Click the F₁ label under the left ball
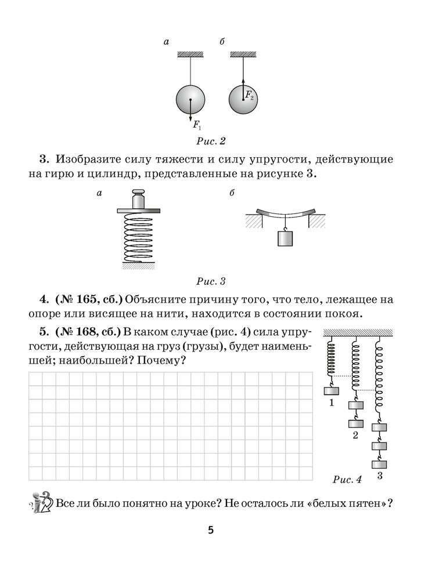(x=196, y=124)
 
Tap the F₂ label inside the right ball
(x=249, y=96)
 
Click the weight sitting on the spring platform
(x=139, y=200)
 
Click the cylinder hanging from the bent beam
(x=285, y=238)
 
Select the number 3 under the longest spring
(x=380, y=477)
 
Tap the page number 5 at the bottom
(x=211, y=530)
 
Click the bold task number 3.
(x=42, y=158)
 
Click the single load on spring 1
(x=331, y=391)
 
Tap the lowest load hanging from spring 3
(x=380, y=464)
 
